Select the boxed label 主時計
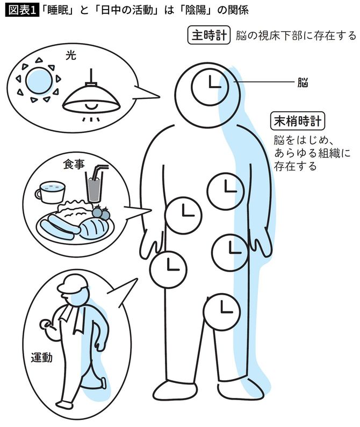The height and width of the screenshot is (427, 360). tap(209, 35)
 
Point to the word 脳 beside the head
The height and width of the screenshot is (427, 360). tap(303, 83)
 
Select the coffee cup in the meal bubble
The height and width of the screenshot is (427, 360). tap(49, 191)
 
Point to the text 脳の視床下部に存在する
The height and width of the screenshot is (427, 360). tap(296, 35)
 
